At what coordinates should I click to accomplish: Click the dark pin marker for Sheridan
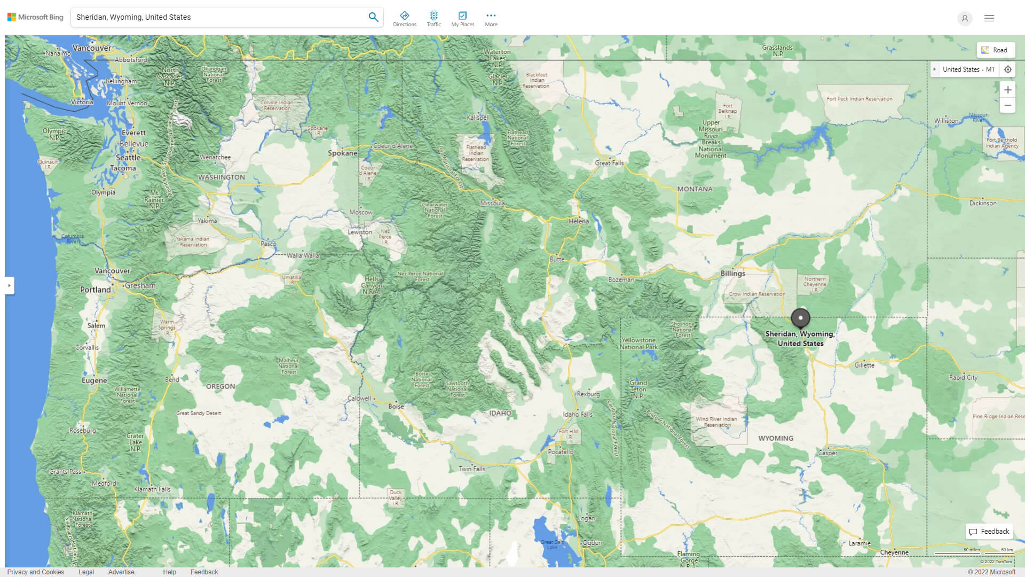[800, 318]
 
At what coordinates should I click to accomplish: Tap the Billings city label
[732, 273]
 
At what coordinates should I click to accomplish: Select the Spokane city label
[342, 153]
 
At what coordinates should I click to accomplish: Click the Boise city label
[396, 406]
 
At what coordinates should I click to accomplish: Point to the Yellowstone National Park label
[638, 343]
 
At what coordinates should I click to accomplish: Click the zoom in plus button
[1007, 90]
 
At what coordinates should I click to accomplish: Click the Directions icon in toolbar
[404, 19]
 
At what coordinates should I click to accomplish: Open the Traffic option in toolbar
[433, 19]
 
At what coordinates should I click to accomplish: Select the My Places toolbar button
[462, 19]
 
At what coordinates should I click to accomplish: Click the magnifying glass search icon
[373, 17]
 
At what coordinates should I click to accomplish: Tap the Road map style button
[995, 50]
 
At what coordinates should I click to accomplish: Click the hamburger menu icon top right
[989, 18]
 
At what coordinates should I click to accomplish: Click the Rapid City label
[963, 377]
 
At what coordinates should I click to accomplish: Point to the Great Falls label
[609, 163]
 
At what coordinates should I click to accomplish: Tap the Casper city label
[827, 453]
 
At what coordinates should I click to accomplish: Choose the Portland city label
[96, 290]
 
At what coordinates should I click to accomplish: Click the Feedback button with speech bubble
[989, 531]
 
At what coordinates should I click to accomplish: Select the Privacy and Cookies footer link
[35, 572]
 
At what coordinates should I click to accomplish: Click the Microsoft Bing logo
[35, 17]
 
